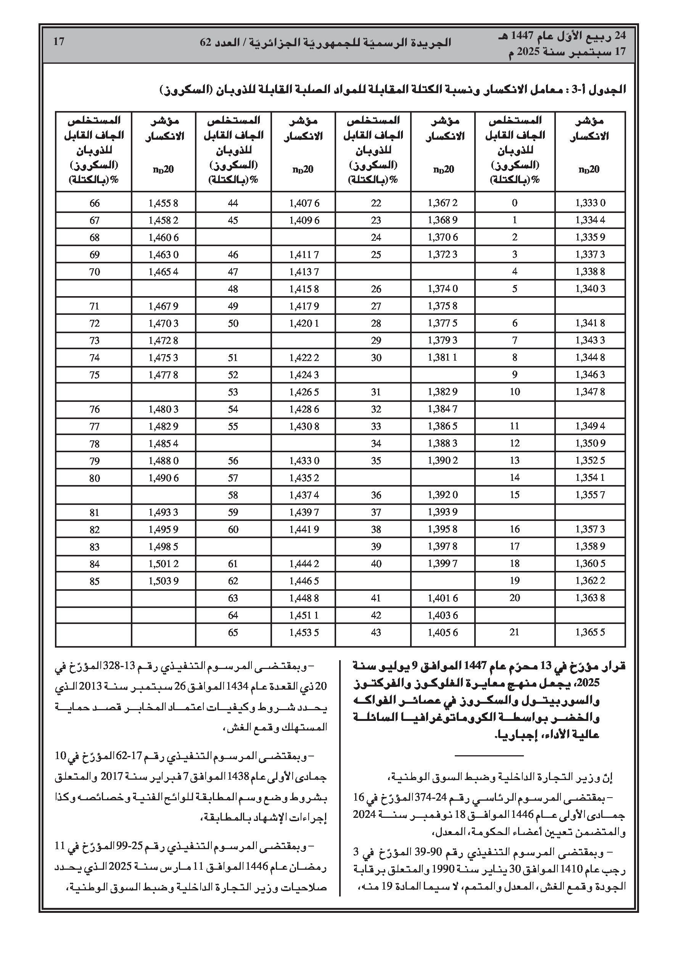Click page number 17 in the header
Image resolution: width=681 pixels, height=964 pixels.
tap(59, 42)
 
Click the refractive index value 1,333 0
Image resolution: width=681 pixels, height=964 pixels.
tap(590, 203)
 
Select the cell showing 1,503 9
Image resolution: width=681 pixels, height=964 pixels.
tap(163, 581)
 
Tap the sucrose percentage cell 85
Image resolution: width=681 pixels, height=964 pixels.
tap(95, 581)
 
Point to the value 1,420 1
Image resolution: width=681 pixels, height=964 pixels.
tap(304, 323)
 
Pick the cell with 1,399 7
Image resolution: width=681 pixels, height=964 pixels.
tap(443, 563)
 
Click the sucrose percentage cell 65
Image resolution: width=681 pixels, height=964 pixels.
tap(233, 632)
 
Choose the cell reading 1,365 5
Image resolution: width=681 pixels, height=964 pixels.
tap(590, 632)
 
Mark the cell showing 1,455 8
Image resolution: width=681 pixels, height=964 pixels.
tap(163, 203)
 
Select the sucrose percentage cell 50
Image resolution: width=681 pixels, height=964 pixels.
tap(233, 323)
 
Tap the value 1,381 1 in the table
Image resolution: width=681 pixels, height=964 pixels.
tap(443, 358)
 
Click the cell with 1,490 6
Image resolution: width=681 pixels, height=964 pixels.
tap(163, 478)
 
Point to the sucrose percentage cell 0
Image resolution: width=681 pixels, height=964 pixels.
tap(515, 203)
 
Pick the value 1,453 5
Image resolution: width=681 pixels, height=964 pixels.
tap(304, 632)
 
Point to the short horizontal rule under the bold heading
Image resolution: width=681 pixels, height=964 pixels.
tap(489, 756)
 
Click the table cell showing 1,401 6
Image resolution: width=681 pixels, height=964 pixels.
tap(443, 598)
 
